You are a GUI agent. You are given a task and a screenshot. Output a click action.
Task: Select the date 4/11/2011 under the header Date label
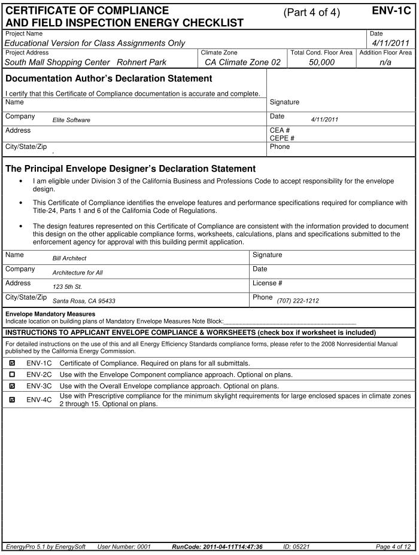pyautogui.click(x=390, y=42)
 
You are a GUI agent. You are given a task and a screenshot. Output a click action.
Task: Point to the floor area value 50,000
pyautogui.click(x=321, y=62)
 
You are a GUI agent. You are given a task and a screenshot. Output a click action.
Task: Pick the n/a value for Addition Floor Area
pyautogui.click(x=385, y=62)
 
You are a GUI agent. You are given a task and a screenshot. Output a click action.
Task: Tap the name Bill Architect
pyautogui.click(x=69, y=258)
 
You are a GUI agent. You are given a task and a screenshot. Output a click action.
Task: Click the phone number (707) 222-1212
pyautogui.click(x=297, y=301)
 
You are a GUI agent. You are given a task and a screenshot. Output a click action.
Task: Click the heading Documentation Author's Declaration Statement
pyautogui.click(x=108, y=79)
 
